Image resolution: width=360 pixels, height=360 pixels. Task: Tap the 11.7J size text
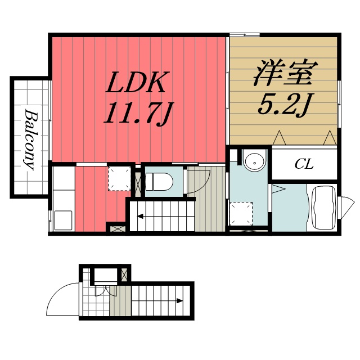click(x=137, y=114)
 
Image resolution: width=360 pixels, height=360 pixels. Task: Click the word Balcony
click(x=30, y=139)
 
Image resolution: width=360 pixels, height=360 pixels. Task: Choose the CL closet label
click(x=304, y=164)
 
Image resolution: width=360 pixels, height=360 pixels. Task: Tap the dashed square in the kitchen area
click(x=118, y=178)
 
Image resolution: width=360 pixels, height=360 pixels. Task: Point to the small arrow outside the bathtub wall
click(x=345, y=203)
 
